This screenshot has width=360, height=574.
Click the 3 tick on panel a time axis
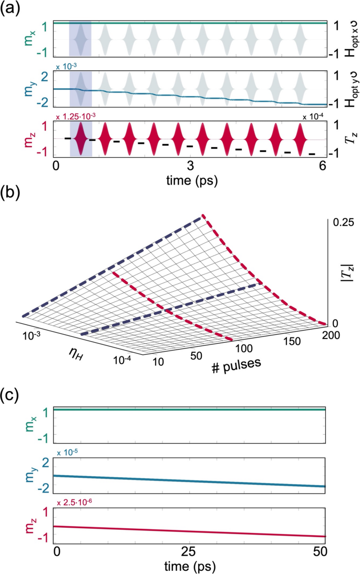pos(190,165)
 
